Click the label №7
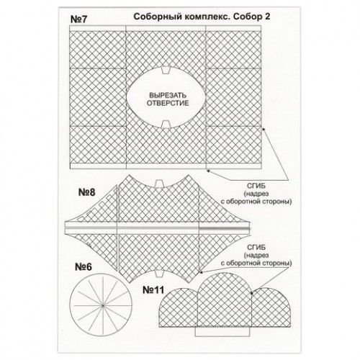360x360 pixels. tap(78, 19)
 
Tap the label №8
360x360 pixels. tap(87, 192)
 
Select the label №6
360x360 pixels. tap(84, 266)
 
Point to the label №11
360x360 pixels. tap(153, 290)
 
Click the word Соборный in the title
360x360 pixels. tap(157, 17)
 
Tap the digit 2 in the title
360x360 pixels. tap(267, 17)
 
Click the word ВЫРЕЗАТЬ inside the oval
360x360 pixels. tap(168, 95)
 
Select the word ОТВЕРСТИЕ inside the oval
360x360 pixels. tap(168, 103)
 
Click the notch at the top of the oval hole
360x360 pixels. tap(166, 70)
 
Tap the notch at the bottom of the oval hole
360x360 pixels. tap(166, 124)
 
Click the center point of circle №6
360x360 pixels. tap(103, 305)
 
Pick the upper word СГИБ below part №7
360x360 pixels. tap(256, 186)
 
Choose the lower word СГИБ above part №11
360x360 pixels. tap(256, 248)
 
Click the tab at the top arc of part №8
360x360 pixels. tap(159, 184)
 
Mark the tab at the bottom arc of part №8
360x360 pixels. tap(158, 274)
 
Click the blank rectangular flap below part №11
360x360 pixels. tap(222, 331)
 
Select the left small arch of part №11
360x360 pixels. tap(179, 308)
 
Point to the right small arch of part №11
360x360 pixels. tap(271, 307)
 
